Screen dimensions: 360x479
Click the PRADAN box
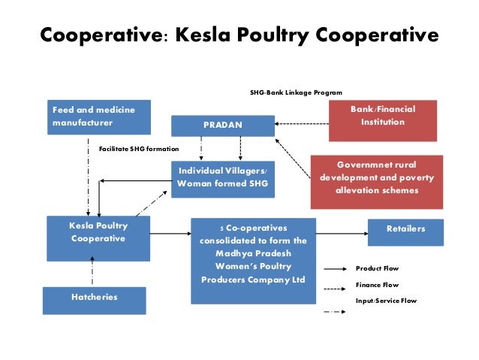click(x=222, y=125)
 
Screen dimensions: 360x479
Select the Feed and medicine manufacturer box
click(x=98, y=116)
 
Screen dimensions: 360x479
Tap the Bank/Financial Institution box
click(x=382, y=121)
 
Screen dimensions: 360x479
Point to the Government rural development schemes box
click(x=378, y=180)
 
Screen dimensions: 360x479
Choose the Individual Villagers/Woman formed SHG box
click(x=221, y=178)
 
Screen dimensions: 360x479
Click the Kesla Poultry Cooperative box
click(x=98, y=237)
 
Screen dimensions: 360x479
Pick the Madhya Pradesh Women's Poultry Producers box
click(x=253, y=260)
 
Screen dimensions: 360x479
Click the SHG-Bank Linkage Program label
click(x=296, y=92)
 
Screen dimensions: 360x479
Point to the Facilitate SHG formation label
click(x=139, y=149)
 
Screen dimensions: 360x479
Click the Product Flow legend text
click(x=377, y=268)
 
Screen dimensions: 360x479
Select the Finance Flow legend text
click(x=377, y=285)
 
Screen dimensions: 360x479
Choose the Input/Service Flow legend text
click(x=386, y=301)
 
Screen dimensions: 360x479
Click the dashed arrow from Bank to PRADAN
click(x=300, y=123)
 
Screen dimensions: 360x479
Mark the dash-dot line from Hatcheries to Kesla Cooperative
click(x=93, y=273)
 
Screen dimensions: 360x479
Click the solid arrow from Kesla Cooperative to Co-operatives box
click(x=170, y=234)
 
